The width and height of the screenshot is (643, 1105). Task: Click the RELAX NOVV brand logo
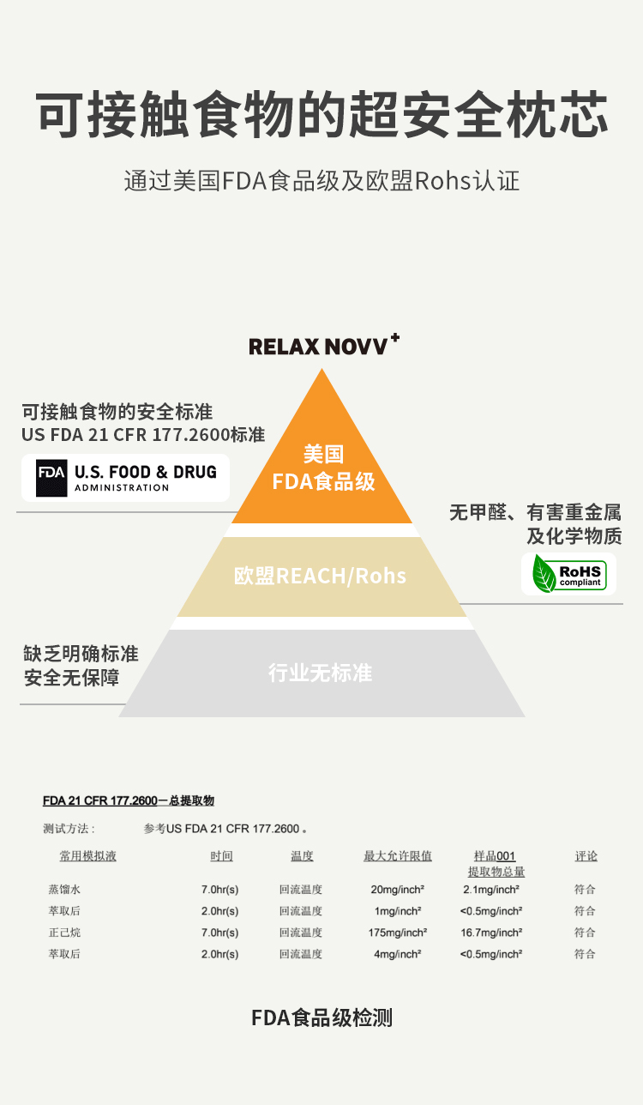(x=323, y=345)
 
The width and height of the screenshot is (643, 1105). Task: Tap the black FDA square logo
(x=51, y=478)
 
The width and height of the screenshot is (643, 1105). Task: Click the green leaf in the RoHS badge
(x=544, y=574)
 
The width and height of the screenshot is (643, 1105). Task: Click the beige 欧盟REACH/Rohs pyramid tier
(x=322, y=577)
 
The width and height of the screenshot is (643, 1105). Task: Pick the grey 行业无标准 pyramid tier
(x=322, y=673)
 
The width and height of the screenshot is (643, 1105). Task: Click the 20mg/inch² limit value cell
(x=398, y=890)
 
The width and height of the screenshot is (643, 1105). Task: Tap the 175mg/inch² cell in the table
(x=398, y=933)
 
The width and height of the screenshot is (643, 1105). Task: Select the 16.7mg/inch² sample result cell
(x=491, y=933)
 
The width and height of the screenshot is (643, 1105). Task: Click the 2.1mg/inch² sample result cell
(x=491, y=890)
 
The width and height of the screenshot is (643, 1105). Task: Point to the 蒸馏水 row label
(x=64, y=890)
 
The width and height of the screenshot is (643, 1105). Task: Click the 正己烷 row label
(x=64, y=933)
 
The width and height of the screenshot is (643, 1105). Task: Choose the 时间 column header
(x=221, y=856)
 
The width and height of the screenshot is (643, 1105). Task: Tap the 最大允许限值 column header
(x=398, y=856)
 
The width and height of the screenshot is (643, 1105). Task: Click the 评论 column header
(x=586, y=856)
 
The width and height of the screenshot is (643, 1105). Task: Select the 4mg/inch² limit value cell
(x=398, y=954)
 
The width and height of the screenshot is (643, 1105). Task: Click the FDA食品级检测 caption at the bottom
(x=322, y=1017)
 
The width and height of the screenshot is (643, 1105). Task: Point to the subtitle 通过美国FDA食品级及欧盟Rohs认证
(x=321, y=180)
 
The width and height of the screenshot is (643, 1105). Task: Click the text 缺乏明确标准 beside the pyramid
(x=81, y=654)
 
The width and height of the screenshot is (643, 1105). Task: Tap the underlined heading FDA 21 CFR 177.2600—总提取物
(x=129, y=800)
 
